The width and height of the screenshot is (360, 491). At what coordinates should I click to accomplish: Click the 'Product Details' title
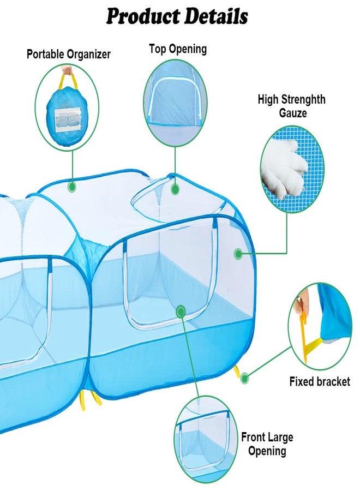pos(177,16)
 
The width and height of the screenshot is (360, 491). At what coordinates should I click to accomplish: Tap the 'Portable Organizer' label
pos(69,54)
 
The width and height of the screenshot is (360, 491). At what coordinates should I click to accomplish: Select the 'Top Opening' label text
pos(178,49)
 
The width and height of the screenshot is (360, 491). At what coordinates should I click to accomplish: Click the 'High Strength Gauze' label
pos(291,106)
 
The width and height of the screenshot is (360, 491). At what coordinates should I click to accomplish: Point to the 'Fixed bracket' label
pos(320,382)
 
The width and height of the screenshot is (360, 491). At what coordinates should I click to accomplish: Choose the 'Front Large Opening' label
pos(267,444)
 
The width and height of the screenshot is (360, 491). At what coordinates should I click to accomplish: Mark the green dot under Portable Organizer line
pos(73,187)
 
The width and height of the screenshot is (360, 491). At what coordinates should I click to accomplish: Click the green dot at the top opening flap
pos(175,189)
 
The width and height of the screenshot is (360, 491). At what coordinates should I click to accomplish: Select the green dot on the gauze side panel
pos(238,254)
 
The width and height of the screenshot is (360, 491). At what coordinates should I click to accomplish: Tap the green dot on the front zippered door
pos(181,312)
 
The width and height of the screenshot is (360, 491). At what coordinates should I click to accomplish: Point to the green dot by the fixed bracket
pos(245,378)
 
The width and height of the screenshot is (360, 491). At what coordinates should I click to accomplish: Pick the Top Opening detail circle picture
pos(175,103)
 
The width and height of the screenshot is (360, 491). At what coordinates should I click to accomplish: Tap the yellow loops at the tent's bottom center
pos(91,398)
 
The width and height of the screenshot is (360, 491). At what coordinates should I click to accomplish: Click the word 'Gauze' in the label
pos(293,113)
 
